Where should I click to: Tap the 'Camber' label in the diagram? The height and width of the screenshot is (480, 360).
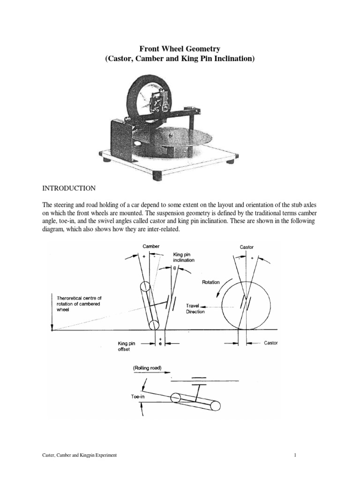click(x=151, y=247)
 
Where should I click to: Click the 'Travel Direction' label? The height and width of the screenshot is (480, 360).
click(x=195, y=308)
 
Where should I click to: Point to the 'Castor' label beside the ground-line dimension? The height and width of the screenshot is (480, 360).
click(x=270, y=343)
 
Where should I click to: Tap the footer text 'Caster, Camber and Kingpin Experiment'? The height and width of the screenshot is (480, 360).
click(x=80, y=455)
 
